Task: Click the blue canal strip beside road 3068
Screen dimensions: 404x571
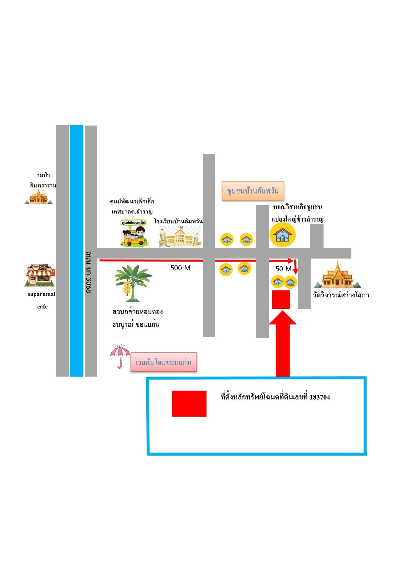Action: point(76,251)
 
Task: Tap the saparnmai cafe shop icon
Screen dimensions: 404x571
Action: point(39,275)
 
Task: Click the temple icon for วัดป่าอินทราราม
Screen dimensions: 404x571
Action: point(38,196)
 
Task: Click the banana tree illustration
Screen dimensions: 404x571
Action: point(133,283)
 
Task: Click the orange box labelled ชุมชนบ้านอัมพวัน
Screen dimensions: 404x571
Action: point(253,191)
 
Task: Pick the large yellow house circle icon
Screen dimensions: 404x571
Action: point(282,234)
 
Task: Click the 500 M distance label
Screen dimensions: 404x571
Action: point(180,268)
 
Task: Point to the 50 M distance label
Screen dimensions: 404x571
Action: point(283,269)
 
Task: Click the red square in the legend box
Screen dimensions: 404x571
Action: point(189,403)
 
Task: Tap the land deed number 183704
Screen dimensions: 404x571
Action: point(320,397)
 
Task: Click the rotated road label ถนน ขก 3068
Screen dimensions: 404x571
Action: point(89,272)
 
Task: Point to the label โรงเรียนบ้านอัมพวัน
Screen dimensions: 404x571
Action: point(179,221)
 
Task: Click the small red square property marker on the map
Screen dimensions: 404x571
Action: point(281,300)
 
